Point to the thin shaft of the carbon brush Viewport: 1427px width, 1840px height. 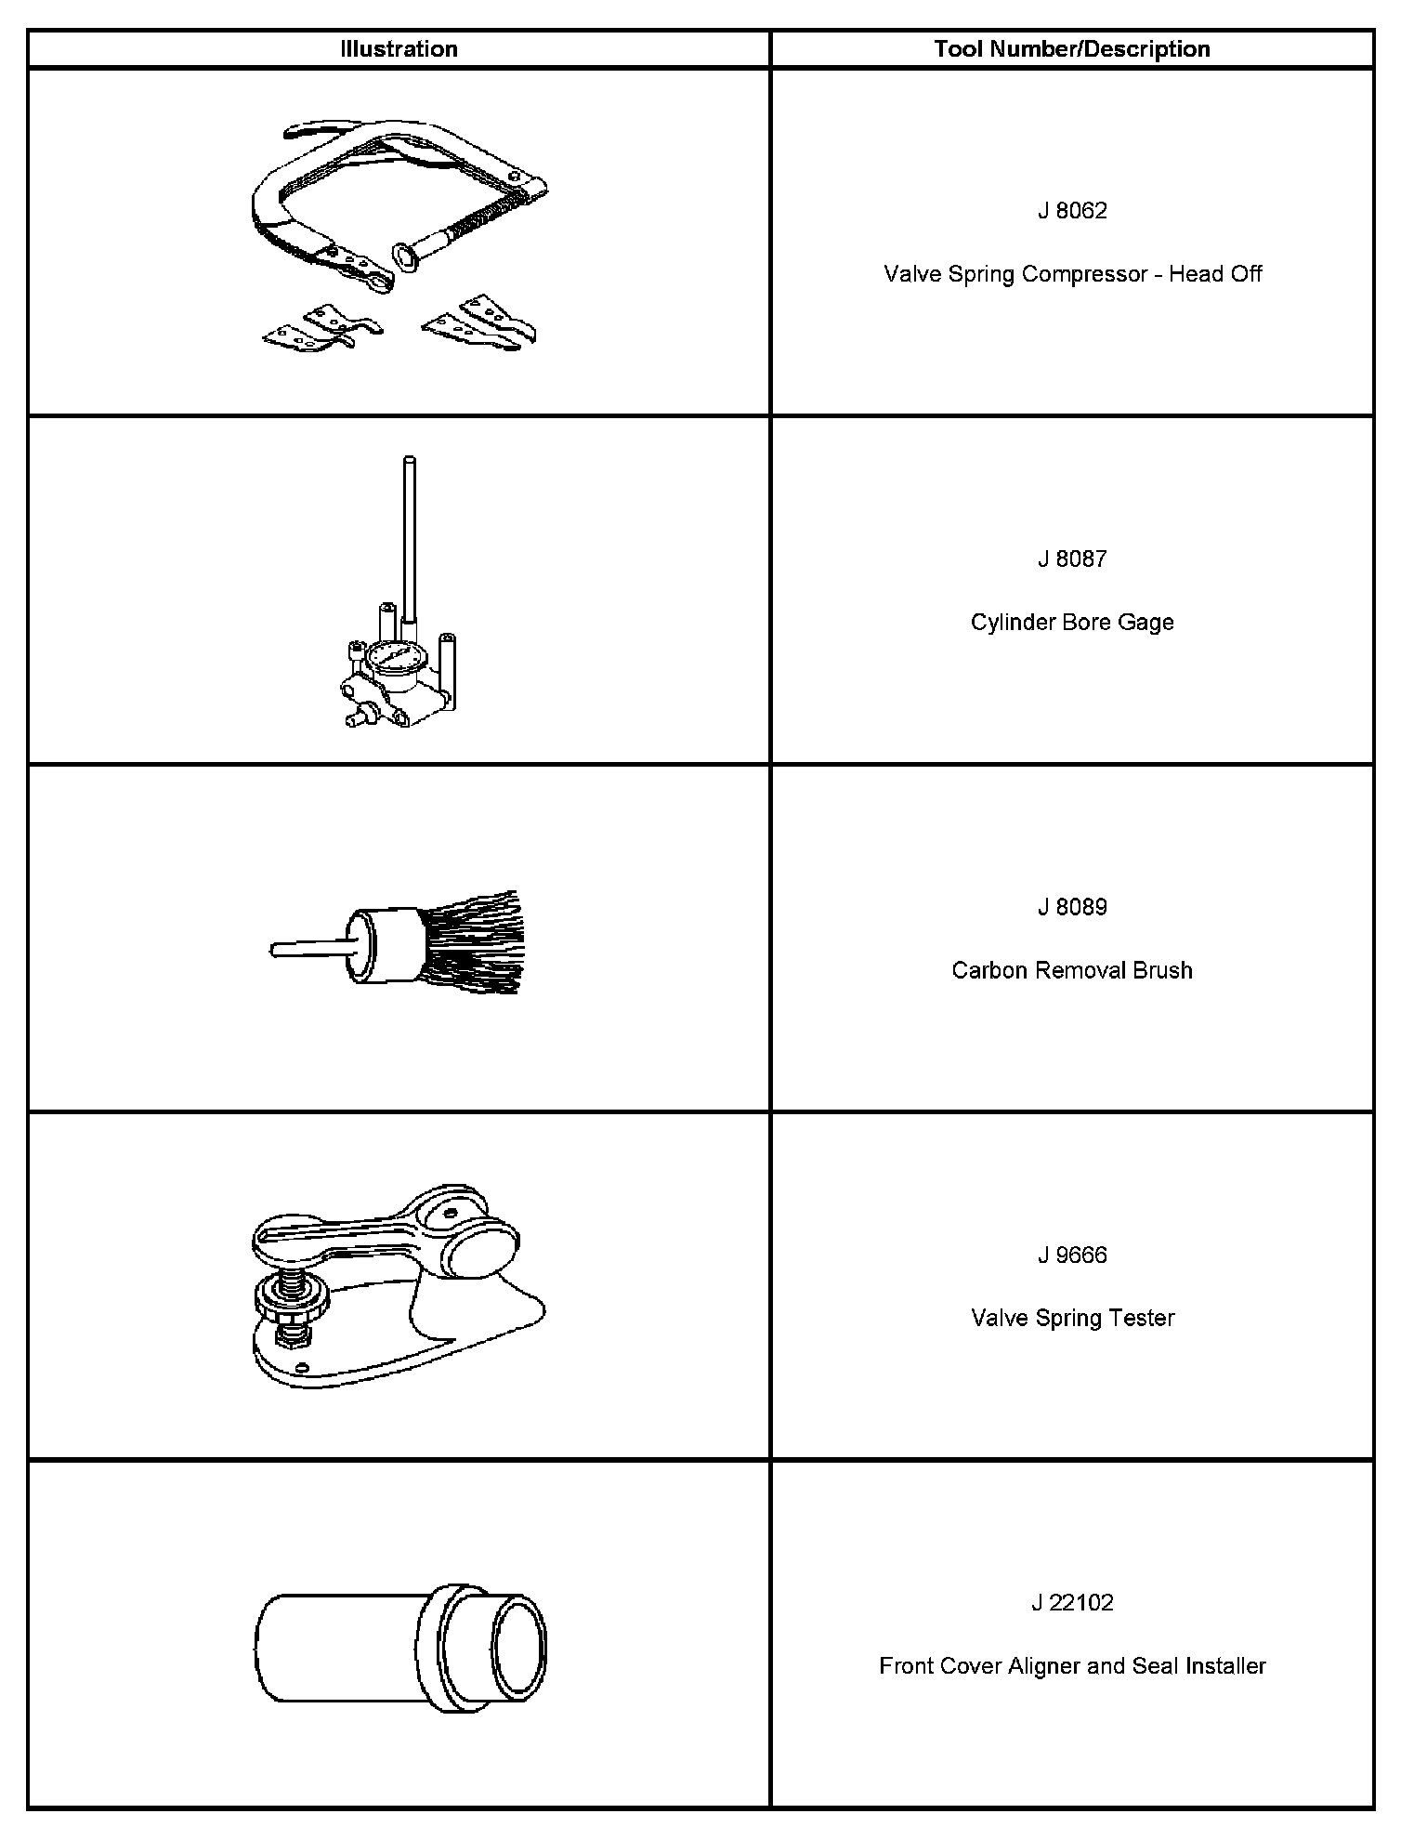click(307, 949)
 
